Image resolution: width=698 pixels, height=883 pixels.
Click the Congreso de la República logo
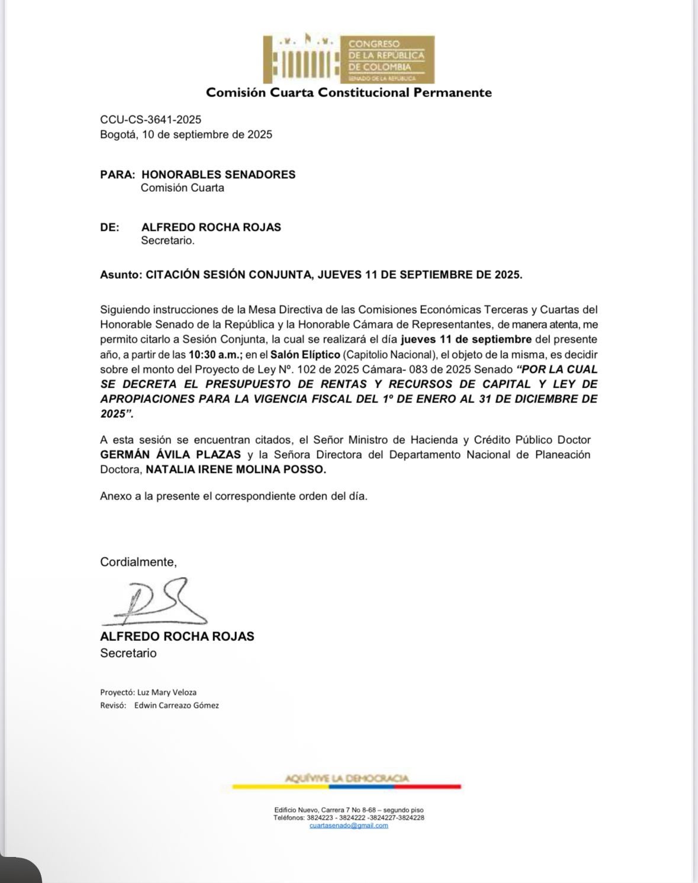[x=349, y=59]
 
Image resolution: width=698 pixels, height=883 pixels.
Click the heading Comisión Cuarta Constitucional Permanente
[x=349, y=92]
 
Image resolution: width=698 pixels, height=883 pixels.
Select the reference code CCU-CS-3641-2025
[x=150, y=120]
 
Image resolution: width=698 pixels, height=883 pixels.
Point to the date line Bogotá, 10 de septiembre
[x=186, y=134]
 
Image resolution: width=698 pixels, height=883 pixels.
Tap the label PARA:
[x=118, y=175]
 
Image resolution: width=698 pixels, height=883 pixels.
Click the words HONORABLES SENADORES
[x=218, y=175]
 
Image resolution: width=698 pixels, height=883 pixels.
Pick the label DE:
[x=110, y=227]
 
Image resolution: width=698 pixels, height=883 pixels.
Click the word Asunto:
[x=121, y=275]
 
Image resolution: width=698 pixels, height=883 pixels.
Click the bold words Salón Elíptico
[x=305, y=355]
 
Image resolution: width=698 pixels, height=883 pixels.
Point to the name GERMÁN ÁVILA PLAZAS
[x=171, y=455]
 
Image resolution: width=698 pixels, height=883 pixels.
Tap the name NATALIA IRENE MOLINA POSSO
[x=236, y=469]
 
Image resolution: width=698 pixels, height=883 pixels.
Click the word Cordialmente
[x=138, y=562]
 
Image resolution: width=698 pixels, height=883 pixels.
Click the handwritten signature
[x=155, y=602]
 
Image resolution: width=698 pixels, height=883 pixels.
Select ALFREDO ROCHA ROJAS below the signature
[x=177, y=636]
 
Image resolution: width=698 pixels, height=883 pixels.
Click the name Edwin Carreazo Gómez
[x=176, y=705]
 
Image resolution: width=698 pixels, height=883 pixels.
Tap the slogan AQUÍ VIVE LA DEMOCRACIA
[x=346, y=778]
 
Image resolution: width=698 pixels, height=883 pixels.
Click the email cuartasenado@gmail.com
[x=349, y=826]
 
